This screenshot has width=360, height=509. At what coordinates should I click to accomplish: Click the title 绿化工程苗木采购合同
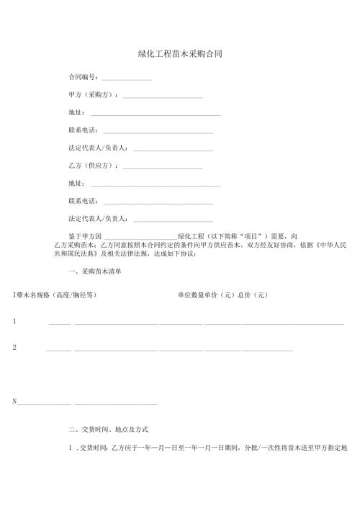pyautogui.click(x=179, y=54)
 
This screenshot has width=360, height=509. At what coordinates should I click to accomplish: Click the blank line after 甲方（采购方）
pyautogui.click(x=163, y=96)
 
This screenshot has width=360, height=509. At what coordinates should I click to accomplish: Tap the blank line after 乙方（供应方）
pyautogui.click(x=163, y=167)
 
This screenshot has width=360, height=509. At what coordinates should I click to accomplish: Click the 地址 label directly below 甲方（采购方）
pyautogui.click(x=76, y=113)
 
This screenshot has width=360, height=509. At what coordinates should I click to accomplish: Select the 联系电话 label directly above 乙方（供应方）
pyautogui.click(x=82, y=201)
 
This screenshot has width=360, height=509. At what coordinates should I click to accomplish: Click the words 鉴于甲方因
pyautogui.click(x=85, y=236)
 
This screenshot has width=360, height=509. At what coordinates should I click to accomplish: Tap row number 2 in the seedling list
pyautogui.click(x=14, y=347)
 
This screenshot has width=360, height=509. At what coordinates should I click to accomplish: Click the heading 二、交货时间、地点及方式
pyautogui.click(x=108, y=429)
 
